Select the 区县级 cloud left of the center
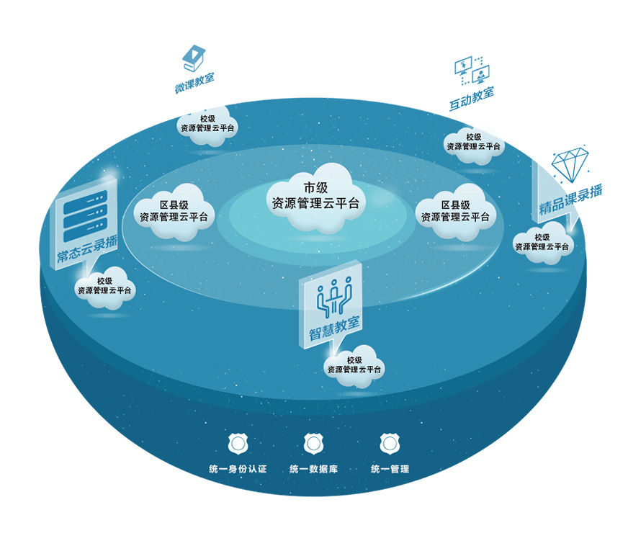pyautogui.click(x=174, y=210)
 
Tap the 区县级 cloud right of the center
pyautogui.click(x=455, y=210)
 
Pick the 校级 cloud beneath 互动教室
pyautogui.click(x=473, y=141)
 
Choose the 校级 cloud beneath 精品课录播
pyautogui.click(x=542, y=242)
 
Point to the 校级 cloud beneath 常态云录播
pyautogui.click(x=104, y=286)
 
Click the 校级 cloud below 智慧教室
pyautogui.click(x=354, y=365)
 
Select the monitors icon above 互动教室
pyautogui.click(x=472, y=70)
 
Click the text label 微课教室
pyautogui.click(x=194, y=83)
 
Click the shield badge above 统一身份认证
pyautogui.click(x=237, y=443)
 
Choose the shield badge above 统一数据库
pyautogui.click(x=313, y=443)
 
